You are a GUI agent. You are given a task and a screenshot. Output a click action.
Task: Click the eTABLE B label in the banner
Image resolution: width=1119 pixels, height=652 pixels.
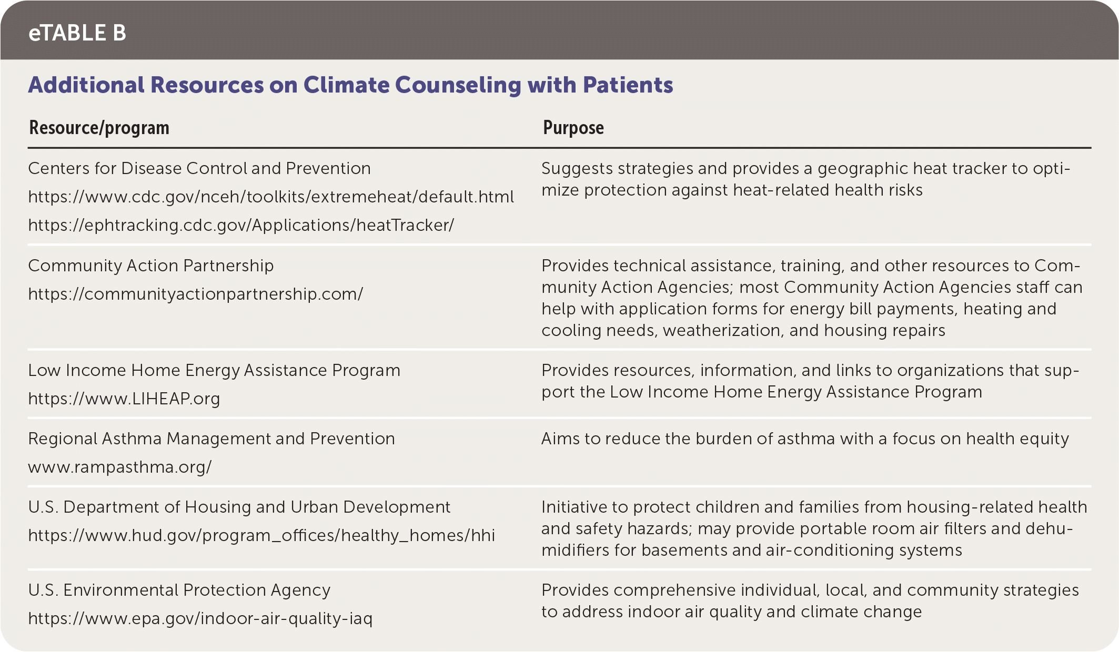click(x=77, y=33)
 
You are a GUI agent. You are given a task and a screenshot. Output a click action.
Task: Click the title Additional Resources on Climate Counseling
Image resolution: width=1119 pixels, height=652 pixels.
click(x=350, y=85)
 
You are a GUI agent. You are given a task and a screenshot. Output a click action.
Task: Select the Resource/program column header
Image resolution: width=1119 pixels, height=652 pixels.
click(x=99, y=128)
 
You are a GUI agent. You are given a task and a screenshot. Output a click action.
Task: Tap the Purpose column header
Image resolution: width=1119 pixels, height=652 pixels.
click(x=573, y=128)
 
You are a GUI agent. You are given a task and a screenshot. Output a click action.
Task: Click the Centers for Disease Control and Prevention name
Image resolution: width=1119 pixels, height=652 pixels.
click(x=199, y=168)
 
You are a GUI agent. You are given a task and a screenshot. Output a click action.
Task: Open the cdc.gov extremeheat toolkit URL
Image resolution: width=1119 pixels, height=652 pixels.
click(x=271, y=197)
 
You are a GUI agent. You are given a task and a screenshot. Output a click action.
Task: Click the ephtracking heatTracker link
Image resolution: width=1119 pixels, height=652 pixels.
click(x=241, y=225)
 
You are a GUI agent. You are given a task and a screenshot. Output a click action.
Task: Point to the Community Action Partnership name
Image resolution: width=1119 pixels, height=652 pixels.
click(x=151, y=266)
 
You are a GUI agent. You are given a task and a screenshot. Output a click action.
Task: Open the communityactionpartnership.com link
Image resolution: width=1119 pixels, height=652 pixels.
click(x=196, y=294)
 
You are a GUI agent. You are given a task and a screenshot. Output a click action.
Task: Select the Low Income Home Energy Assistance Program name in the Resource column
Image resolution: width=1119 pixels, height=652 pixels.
click(x=214, y=370)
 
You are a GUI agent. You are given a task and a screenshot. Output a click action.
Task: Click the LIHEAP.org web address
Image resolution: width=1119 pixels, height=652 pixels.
click(x=124, y=399)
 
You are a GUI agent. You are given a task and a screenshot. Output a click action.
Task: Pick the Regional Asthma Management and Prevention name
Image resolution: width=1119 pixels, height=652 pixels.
click(x=211, y=439)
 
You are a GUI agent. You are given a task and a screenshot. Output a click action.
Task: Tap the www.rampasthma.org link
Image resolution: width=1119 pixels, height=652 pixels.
click(x=120, y=467)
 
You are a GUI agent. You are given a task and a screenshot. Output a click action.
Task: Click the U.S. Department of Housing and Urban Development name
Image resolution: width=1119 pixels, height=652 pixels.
click(x=239, y=507)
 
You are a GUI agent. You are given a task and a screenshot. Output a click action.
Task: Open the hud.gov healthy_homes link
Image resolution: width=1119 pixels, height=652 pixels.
click(x=261, y=535)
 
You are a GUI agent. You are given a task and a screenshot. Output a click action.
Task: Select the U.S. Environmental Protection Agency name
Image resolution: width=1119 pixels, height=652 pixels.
click(x=179, y=590)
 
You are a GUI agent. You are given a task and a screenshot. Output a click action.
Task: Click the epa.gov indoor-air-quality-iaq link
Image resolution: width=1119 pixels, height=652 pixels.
click(x=200, y=618)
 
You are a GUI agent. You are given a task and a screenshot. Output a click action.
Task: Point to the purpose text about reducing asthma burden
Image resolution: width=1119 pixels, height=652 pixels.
click(x=805, y=439)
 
